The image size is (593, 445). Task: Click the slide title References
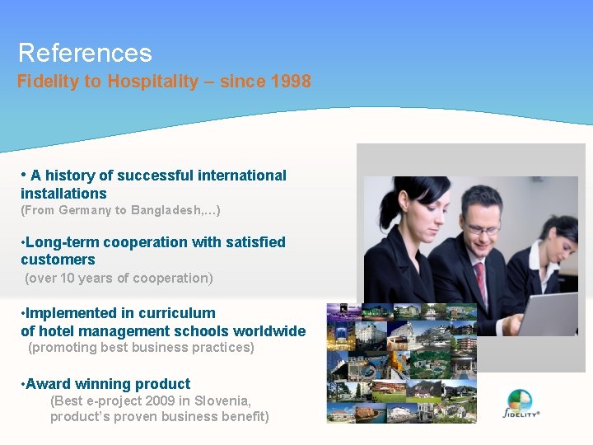(x=85, y=53)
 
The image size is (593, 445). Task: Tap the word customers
(x=58, y=260)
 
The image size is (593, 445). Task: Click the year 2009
(x=160, y=401)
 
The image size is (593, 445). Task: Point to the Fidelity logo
(x=521, y=405)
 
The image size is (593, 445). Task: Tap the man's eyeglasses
(x=480, y=225)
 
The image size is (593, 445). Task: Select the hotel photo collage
(x=402, y=363)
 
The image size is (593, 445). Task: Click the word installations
(x=63, y=194)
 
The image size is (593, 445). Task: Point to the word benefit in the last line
(x=239, y=417)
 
